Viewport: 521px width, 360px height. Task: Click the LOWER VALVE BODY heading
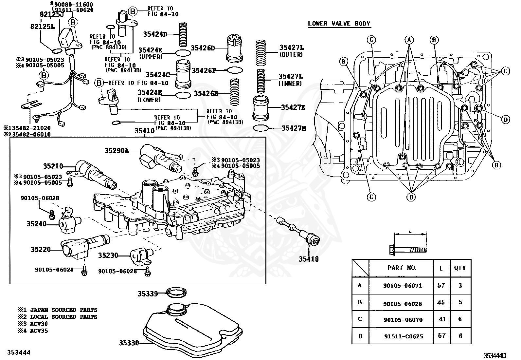(339, 24)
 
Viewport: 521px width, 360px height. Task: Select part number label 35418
(308, 259)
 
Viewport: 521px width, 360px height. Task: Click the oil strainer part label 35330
(129, 343)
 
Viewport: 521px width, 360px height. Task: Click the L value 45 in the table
(441, 302)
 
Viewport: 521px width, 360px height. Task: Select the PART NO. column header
(402, 268)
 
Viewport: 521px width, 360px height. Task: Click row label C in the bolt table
(360, 319)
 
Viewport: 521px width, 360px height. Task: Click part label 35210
(53, 166)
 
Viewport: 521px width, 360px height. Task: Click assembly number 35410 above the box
(144, 131)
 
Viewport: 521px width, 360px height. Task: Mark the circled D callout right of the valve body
(505, 120)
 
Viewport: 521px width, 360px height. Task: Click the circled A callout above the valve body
(409, 40)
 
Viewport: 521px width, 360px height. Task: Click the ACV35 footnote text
(39, 331)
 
